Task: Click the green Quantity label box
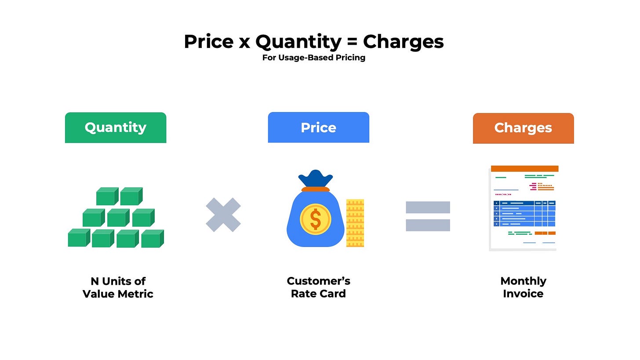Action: click(x=116, y=127)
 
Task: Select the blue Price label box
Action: click(x=318, y=127)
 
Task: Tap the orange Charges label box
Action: click(x=523, y=128)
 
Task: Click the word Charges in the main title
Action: click(x=403, y=42)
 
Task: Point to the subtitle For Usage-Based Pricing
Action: click(x=314, y=58)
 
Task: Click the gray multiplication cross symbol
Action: click(x=223, y=215)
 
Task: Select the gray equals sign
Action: click(x=428, y=216)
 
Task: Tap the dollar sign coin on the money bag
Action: click(x=315, y=219)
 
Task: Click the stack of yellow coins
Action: click(x=355, y=223)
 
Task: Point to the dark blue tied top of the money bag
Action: click(x=315, y=178)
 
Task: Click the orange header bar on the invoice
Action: click(x=524, y=168)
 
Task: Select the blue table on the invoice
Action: click(x=524, y=214)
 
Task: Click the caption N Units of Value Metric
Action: click(x=118, y=287)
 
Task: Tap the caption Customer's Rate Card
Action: click(x=318, y=287)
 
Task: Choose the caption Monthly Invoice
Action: click(x=523, y=287)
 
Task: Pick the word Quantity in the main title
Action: click(x=298, y=42)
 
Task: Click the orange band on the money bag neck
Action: click(x=315, y=189)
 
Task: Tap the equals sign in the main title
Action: click(x=352, y=42)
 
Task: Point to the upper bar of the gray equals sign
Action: click(x=428, y=207)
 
